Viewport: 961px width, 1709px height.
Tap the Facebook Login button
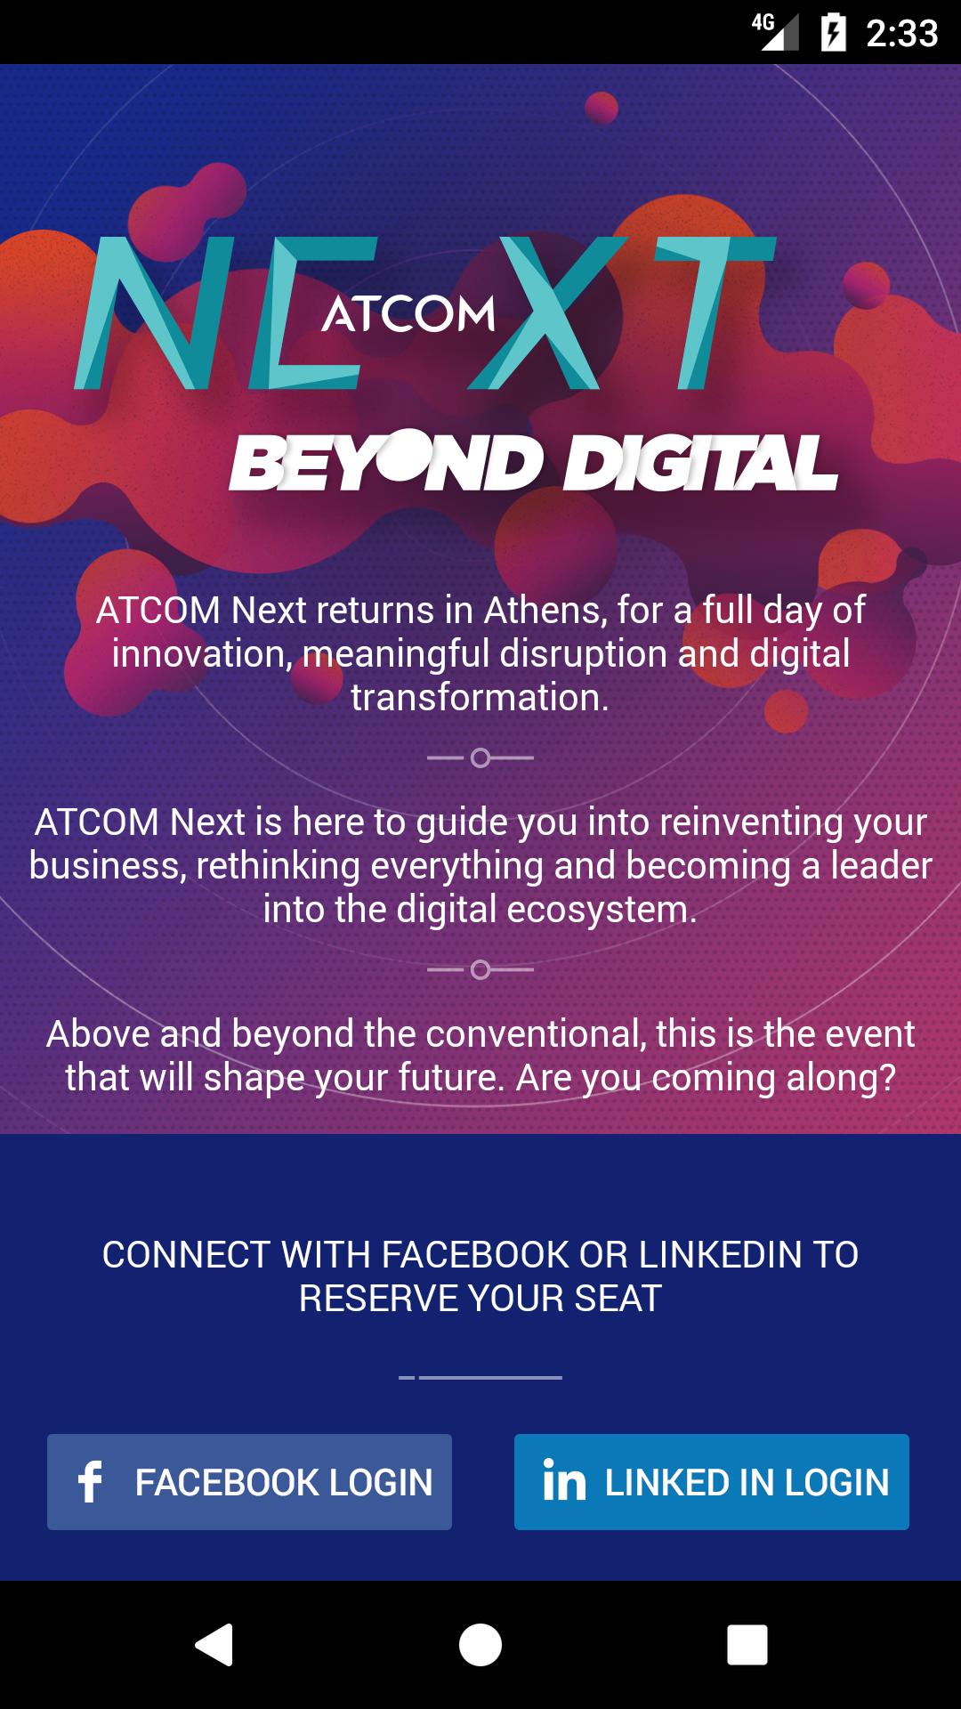tap(249, 1482)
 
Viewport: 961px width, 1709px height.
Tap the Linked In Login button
tap(712, 1482)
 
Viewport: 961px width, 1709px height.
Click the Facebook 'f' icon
tap(90, 1482)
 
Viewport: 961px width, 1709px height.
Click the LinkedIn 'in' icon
tap(564, 1481)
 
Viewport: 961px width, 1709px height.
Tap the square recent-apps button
tap(747, 1644)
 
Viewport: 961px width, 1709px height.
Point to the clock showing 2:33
tap(901, 34)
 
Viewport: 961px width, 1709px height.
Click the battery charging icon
tap(834, 33)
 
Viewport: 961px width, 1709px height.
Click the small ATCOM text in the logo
tap(408, 314)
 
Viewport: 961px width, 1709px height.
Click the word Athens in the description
tap(542, 611)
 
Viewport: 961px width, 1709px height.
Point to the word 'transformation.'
tap(480, 698)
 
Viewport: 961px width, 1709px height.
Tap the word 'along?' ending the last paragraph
tap(841, 1078)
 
